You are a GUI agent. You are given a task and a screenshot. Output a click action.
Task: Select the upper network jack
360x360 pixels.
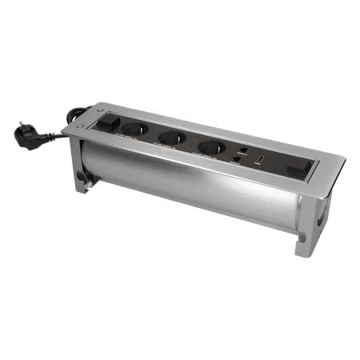[x=240, y=150]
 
